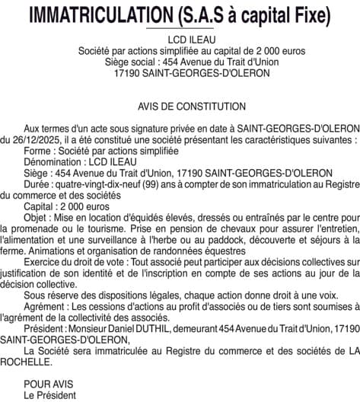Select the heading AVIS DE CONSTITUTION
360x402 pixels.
[181, 107]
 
